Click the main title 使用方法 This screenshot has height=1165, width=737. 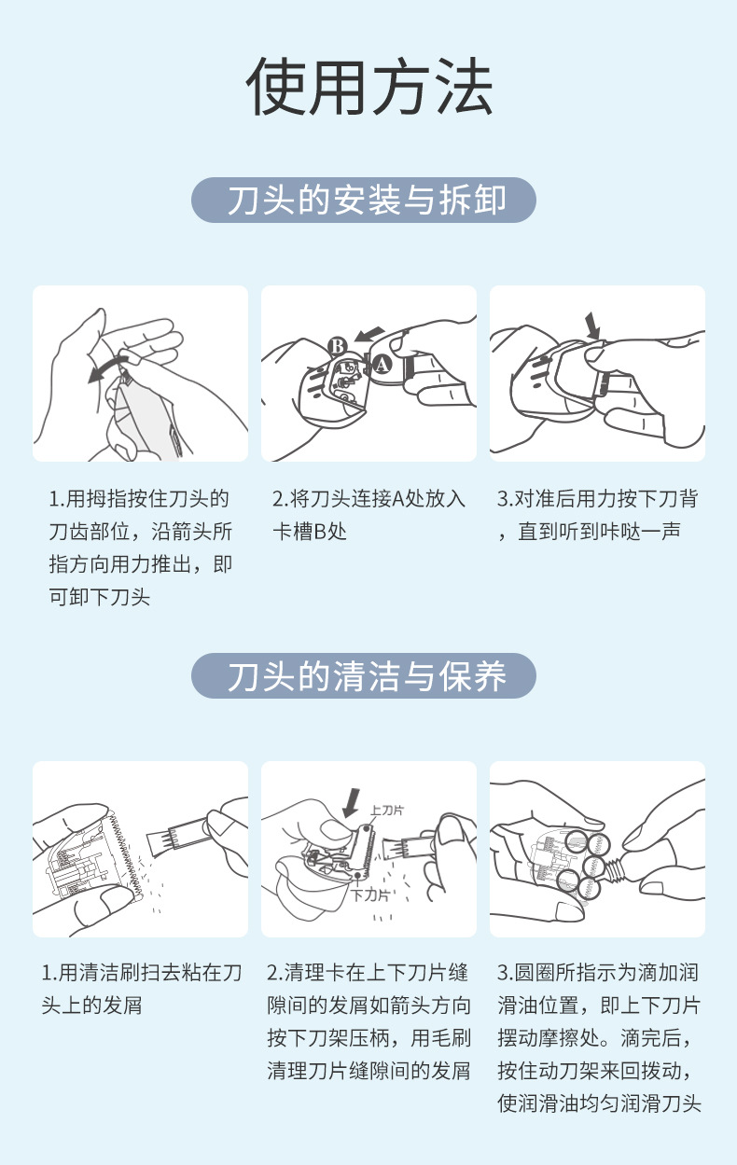pos(368,86)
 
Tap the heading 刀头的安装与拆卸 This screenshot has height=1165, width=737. pos(366,200)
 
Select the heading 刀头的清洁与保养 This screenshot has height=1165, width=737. pos(366,676)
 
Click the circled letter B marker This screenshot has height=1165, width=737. pos(338,346)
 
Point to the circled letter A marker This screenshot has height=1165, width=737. pos(382,364)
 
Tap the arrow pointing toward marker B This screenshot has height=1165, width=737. pos(368,334)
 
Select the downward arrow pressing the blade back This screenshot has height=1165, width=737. pos(592,325)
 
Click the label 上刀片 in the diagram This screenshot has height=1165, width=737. pos(387,810)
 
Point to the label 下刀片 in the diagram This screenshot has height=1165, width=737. pos(370,895)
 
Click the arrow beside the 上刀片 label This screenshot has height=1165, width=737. pos(351,803)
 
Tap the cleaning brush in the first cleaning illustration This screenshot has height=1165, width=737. pos(179,833)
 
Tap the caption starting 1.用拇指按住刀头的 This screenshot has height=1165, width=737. pos(141,548)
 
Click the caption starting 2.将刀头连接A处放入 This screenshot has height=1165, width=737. pos(368,515)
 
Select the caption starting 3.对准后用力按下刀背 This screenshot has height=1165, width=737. pos(598,515)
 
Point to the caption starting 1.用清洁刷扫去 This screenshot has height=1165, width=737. pos(142,989)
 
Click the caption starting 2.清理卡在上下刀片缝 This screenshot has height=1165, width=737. pos(368,1021)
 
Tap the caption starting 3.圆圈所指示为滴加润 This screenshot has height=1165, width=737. pos(599,1038)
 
